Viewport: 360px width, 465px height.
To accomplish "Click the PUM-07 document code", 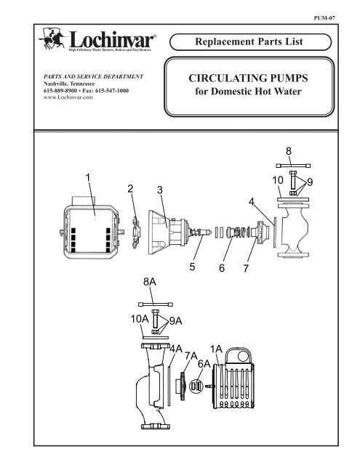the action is pyautogui.click(x=324, y=18).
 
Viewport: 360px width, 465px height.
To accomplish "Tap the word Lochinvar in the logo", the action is pyautogui.click(x=111, y=39).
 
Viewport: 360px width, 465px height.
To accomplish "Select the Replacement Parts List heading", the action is pyautogui.click(x=249, y=41).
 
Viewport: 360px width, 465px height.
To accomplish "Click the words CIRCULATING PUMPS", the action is pyautogui.click(x=248, y=78).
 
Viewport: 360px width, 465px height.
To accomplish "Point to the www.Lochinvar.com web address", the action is pyautogui.click(x=68, y=97).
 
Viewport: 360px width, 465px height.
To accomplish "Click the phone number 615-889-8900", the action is pyautogui.click(x=60, y=90).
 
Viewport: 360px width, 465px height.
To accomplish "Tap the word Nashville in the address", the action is pyautogui.click(x=57, y=84).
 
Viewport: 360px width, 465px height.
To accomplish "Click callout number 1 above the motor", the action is pyautogui.click(x=88, y=177).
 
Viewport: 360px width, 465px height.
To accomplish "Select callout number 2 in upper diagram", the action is pyautogui.click(x=130, y=189).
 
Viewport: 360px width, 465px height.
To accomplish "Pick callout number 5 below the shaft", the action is pyautogui.click(x=192, y=267).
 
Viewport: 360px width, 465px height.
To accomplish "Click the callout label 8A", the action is pyautogui.click(x=150, y=282).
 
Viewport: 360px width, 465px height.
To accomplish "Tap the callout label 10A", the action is pyautogui.click(x=140, y=319).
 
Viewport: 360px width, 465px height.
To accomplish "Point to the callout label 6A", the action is pyautogui.click(x=204, y=364).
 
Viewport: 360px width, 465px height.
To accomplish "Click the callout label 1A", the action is pyautogui.click(x=216, y=349).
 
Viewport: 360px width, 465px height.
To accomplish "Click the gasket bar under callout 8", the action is pyautogui.click(x=293, y=166).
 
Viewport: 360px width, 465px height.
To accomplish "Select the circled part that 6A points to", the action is pyautogui.click(x=196, y=386).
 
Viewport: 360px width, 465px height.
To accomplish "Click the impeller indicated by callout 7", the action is pyautogui.click(x=258, y=232).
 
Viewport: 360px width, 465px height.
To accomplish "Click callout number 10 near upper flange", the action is pyautogui.click(x=278, y=180).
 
